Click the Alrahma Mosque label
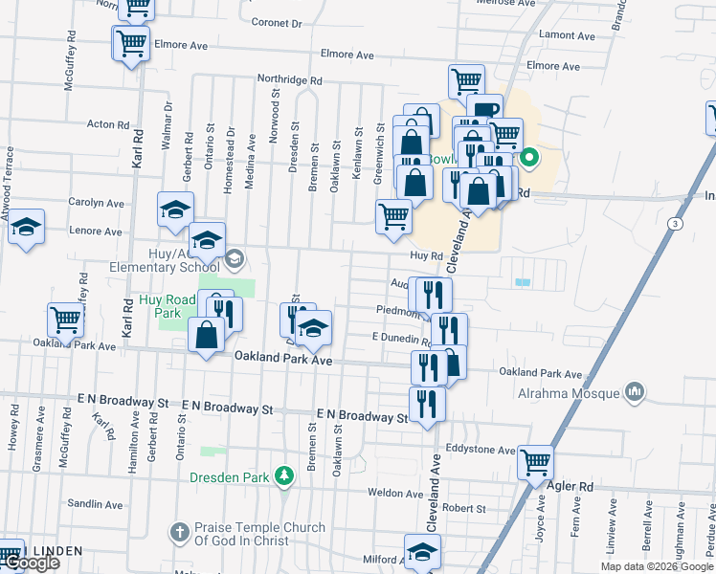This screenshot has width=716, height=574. pos(571,392)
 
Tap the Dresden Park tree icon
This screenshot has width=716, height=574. pos(283,475)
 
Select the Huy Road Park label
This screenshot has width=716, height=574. pos(167,306)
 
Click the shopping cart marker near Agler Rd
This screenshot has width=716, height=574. pos(535,462)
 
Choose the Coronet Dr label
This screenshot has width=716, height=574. pos(276,21)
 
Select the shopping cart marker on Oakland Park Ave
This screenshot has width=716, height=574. pos(66,320)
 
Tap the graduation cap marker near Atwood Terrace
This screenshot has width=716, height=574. pos(27,227)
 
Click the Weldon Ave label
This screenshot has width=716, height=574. pos(395,494)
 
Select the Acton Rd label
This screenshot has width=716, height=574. pos(108,124)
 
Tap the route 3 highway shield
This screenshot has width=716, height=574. pos(675,223)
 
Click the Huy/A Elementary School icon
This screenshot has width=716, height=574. pos(235,257)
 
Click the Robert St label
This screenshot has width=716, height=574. pos(464,509)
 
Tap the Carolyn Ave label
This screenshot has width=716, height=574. pos(96,203)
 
